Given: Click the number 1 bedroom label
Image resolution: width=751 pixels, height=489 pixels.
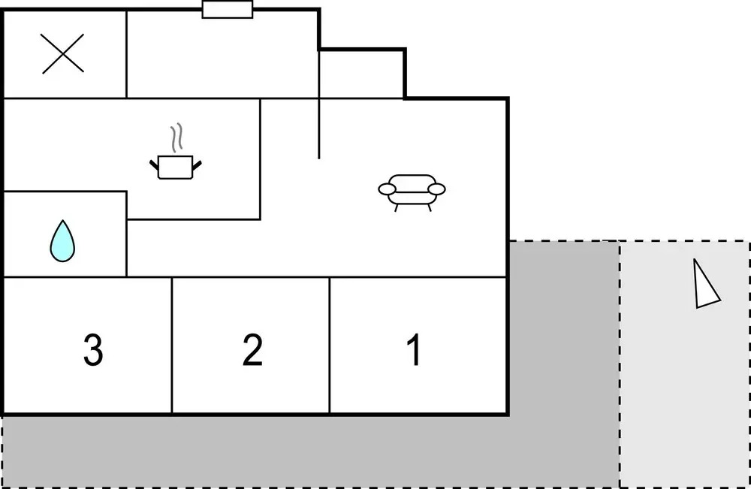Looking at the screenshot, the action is (415, 349).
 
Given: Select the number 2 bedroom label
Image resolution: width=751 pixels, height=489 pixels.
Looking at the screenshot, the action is (252, 349).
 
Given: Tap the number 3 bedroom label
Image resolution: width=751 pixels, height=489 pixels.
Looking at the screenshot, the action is (93, 349).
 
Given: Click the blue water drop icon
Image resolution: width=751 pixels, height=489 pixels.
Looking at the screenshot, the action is (62, 241).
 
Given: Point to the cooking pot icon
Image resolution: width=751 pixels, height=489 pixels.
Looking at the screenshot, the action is (175, 168).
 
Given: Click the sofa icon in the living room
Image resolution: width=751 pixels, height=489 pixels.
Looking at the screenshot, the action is (412, 192).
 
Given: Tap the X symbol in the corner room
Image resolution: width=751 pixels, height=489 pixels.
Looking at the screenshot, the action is (63, 53).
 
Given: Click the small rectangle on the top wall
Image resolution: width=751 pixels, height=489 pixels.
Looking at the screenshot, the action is (228, 10).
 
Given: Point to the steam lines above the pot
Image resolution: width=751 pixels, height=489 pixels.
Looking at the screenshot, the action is (176, 138).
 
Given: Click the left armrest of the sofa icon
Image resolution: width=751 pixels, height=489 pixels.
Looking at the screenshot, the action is (387, 189).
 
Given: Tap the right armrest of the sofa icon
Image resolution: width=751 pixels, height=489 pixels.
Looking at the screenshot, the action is (436, 189).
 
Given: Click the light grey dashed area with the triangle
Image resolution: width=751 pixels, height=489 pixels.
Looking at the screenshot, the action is (685, 364).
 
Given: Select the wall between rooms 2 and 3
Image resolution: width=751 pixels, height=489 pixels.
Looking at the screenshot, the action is (172, 345).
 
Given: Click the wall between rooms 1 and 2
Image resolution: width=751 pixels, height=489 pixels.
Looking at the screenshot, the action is (330, 345).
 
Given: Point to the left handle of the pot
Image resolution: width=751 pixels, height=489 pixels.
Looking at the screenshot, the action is (154, 165).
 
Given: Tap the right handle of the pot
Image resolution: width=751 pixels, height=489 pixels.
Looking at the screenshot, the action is (197, 165).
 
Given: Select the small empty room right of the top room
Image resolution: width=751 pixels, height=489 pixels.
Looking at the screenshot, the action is (362, 74).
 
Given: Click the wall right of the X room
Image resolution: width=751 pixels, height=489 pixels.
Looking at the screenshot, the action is (126, 54).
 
